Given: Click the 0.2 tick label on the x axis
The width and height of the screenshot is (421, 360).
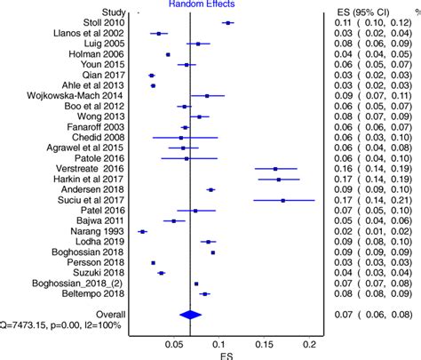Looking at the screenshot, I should [x=309, y=345].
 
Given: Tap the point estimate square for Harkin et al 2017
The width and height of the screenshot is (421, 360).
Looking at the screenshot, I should [x=279, y=179].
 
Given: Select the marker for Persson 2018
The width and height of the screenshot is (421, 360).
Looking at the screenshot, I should [x=153, y=262].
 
